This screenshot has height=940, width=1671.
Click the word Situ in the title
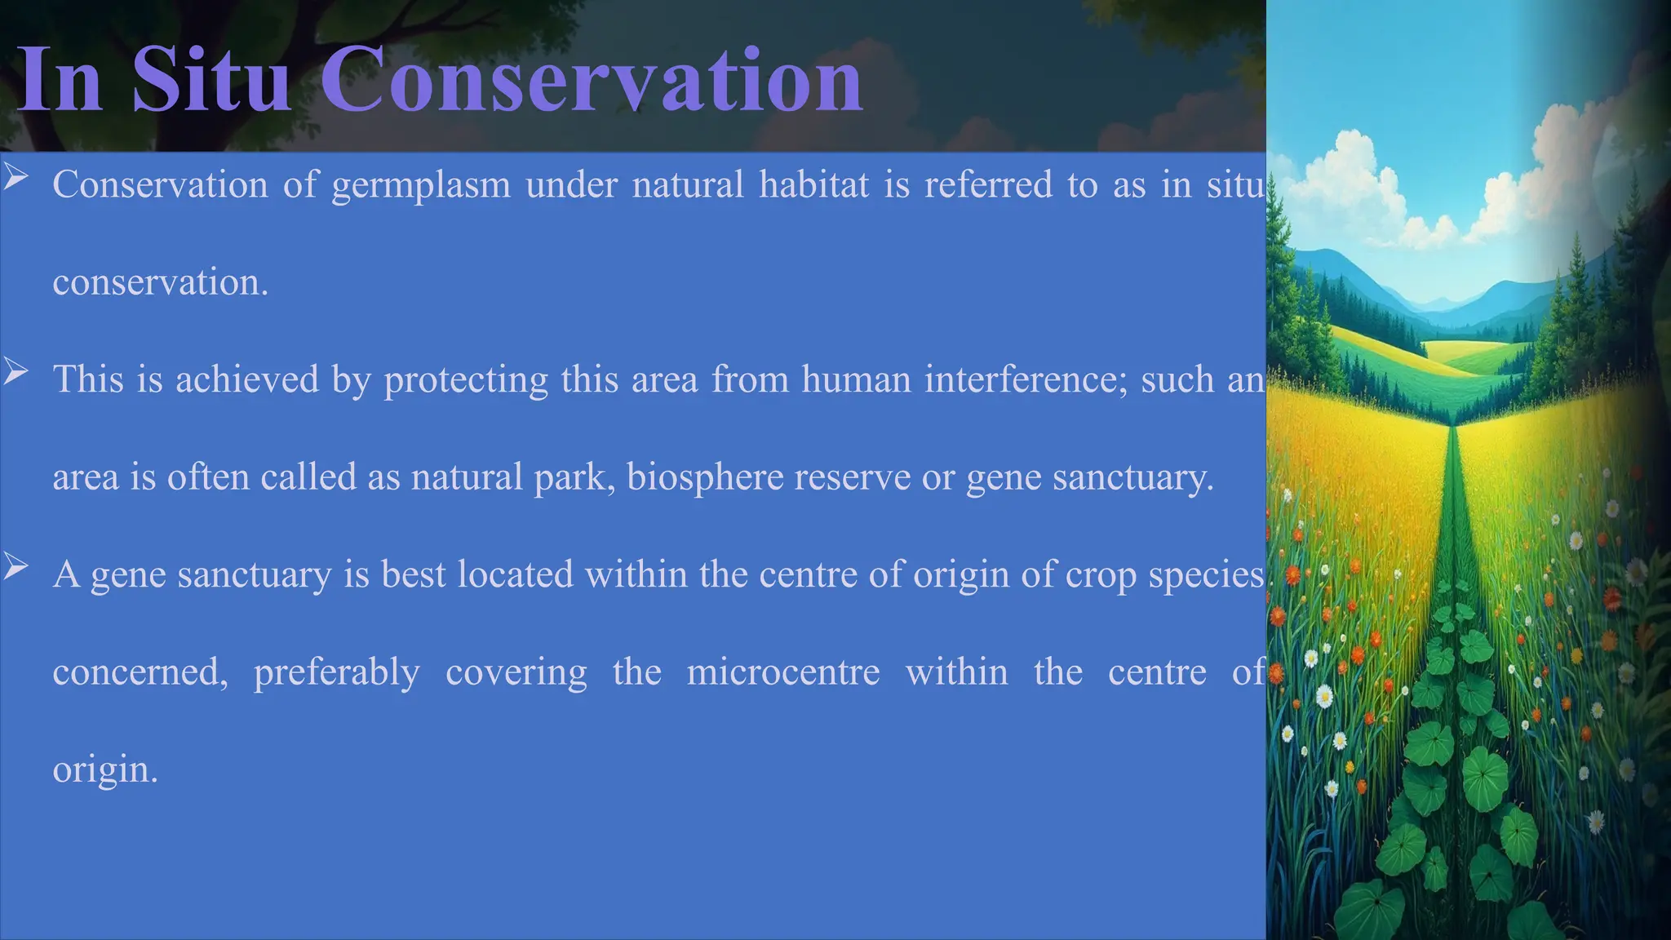pos(211,79)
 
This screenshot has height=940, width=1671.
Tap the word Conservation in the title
pos(592,79)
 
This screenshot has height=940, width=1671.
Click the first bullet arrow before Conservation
pos(16,176)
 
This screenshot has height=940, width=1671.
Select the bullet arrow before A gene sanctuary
pos(16,566)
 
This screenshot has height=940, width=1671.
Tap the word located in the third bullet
pos(516,574)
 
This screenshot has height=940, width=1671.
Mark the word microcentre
pos(783,672)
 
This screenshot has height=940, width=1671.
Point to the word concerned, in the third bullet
pos(140,673)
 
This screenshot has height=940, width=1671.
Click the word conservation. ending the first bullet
pos(161,282)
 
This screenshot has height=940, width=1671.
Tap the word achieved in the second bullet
pos(247,379)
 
